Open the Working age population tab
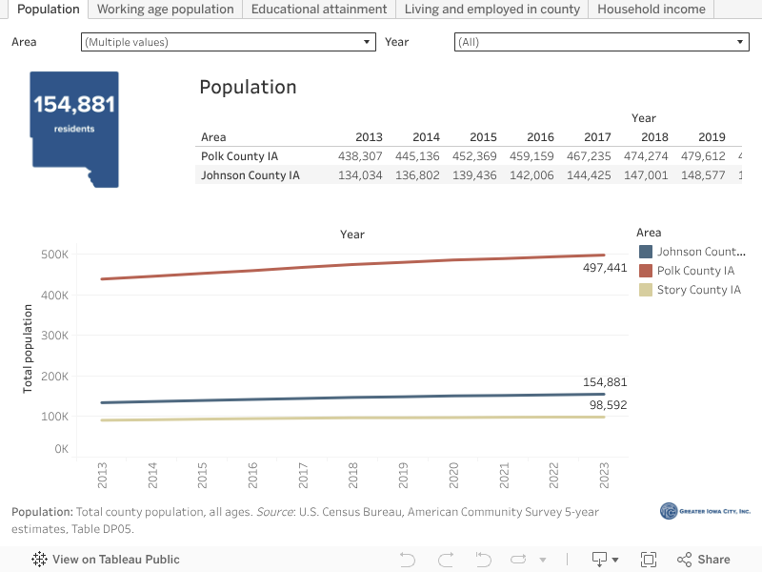coord(165,10)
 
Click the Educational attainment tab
coord(319,10)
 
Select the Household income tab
coord(652,10)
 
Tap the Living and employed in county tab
coord(491,10)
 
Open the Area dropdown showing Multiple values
coord(229,42)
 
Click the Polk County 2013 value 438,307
coord(359,156)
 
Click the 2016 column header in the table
coord(540,137)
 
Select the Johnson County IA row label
coord(251,175)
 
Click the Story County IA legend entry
coord(698,290)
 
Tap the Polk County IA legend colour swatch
coord(646,271)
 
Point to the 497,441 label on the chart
coord(605,268)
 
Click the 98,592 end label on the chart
coord(605,405)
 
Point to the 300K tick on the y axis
coord(53,336)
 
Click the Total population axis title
coord(28,349)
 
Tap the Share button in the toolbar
coord(704,560)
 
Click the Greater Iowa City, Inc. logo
coord(705,512)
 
